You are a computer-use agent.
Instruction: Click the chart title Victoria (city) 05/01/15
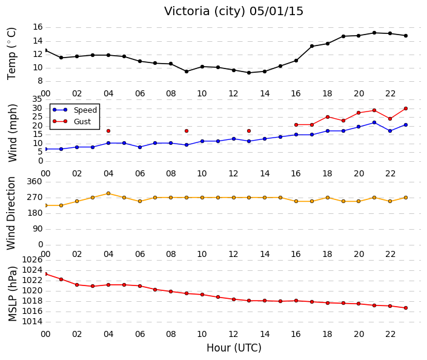coord(233,12)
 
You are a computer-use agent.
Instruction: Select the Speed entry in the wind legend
coord(74,110)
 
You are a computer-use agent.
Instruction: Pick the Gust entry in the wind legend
coord(71,122)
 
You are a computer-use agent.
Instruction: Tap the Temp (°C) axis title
coord(12,54)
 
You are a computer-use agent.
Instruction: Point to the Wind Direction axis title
coord(11,213)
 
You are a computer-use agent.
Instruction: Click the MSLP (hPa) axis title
coord(12,294)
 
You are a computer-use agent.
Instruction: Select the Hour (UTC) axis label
coord(234,348)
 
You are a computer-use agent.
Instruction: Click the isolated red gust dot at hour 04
coord(108,131)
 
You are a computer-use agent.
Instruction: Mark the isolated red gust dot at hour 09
coord(187,131)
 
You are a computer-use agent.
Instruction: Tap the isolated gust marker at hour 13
coord(249,131)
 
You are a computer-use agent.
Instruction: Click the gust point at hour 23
coord(406,108)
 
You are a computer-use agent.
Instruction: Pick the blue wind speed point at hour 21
coord(374,122)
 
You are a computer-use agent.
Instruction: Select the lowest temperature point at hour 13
coord(249,73)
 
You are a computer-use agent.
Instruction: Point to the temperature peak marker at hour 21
coord(374,33)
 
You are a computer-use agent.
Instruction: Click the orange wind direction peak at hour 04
coord(108,193)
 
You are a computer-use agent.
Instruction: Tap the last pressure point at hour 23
coord(406,308)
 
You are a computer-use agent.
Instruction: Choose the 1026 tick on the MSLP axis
coord(32,260)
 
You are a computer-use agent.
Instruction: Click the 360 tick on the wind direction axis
coord(35,182)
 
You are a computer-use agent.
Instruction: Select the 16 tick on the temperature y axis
coord(38,27)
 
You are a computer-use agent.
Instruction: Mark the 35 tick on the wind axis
coord(37,99)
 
